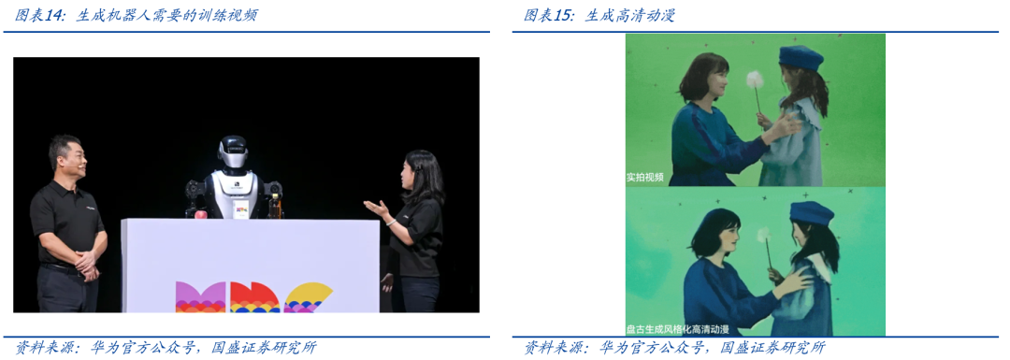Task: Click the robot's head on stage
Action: click(x=232, y=151)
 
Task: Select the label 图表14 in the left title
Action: click(x=39, y=15)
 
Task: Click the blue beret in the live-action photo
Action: click(x=801, y=59)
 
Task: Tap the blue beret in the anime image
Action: click(x=810, y=213)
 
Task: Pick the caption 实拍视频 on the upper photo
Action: click(x=645, y=176)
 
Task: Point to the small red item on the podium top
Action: click(x=199, y=212)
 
